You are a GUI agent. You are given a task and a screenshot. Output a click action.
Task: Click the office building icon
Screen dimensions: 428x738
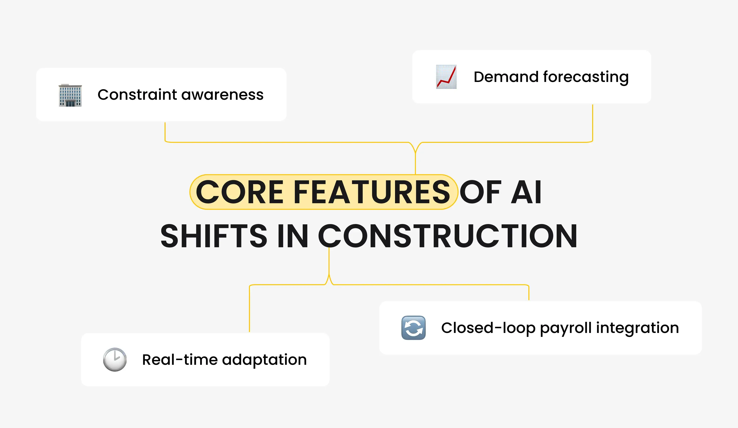[x=70, y=95]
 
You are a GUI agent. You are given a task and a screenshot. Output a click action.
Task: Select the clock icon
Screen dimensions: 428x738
[x=115, y=360]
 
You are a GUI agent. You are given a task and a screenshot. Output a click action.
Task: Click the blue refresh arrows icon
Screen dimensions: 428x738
[x=413, y=328]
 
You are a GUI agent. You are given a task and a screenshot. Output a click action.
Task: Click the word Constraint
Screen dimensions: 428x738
[x=137, y=95]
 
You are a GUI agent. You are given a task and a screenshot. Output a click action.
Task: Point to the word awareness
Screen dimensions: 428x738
[x=222, y=95]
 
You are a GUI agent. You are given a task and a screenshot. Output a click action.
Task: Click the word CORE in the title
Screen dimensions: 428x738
[x=240, y=192]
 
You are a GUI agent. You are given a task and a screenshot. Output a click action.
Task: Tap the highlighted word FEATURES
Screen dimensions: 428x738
[x=372, y=192]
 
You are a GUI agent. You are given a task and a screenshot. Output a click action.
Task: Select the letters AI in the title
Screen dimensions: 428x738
[x=526, y=192]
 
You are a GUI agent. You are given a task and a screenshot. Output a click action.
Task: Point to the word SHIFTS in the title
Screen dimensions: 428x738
[x=214, y=236]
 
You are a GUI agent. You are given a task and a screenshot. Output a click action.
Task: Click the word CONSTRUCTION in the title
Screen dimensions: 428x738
[x=448, y=236]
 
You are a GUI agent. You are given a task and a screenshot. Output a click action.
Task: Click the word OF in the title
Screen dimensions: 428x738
[x=481, y=192]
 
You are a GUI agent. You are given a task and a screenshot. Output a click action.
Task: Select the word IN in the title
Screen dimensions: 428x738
[x=293, y=236]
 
